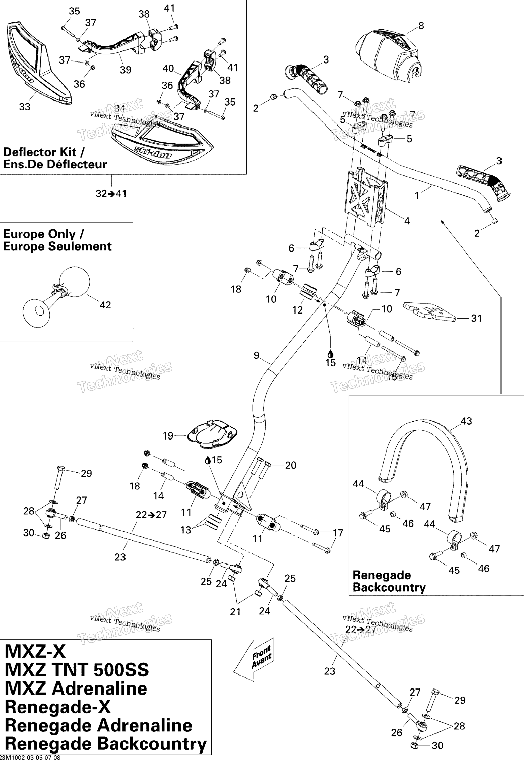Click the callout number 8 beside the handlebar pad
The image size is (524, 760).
point(421,26)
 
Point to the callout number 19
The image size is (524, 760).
point(168,436)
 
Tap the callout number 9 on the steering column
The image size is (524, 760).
point(257,355)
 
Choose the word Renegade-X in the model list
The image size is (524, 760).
point(58,707)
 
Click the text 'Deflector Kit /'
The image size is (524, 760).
point(44,152)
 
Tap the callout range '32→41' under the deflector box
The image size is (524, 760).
point(111,193)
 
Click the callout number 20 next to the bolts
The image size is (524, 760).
point(291,465)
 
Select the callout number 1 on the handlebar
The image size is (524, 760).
point(417,196)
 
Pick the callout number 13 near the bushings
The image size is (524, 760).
point(186,530)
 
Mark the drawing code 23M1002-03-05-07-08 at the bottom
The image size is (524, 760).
point(30,757)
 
